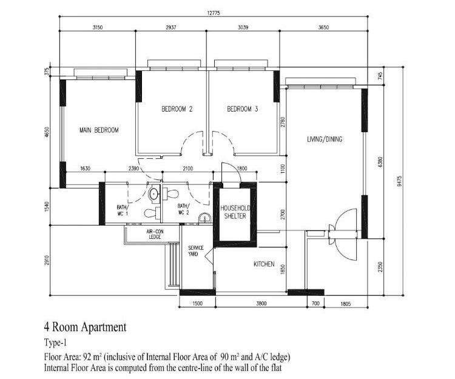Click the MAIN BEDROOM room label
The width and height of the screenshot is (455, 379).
point(99,130)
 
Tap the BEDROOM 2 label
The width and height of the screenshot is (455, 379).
point(177,109)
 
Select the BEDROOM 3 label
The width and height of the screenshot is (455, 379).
point(242,109)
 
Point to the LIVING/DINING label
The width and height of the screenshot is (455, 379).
point(325,139)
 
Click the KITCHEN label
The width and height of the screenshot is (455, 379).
point(264,264)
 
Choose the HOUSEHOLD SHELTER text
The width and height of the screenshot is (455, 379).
point(235,212)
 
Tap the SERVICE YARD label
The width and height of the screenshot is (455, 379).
point(196,251)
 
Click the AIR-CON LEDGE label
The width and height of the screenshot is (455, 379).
point(155,234)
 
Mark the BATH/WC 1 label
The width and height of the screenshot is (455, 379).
point(122,210)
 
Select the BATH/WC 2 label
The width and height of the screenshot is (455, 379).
point(183,209)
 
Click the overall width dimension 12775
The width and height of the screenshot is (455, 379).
point(214,13)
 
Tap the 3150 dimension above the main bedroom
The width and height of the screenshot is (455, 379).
point(98,27)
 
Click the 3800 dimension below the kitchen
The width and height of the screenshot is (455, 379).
point(261,304)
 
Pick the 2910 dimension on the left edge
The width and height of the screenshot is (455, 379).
point(47,260)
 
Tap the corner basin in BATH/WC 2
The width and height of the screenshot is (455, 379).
point(205,218)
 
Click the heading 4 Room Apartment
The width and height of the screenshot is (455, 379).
point(85,327)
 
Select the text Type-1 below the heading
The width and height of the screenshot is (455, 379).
point(55,343)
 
